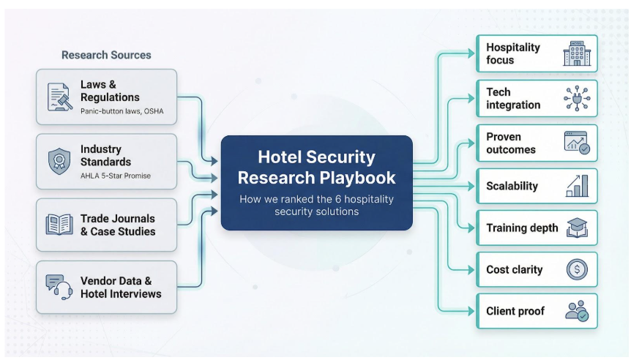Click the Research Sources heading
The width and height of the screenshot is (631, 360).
coord(106,55)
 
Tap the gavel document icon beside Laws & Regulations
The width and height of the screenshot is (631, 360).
coord(59,97)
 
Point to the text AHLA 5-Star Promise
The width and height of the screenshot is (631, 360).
coord(116,175)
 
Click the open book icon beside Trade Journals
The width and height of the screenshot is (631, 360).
coord(59,225)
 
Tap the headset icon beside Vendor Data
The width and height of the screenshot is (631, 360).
coord(59,287)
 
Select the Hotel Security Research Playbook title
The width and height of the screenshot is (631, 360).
coord(316,167)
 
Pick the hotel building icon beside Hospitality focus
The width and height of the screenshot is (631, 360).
coord(576,53)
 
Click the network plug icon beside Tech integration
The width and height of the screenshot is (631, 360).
coord(576,98)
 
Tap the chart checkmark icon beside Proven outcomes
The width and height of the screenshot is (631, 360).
coord(576,143)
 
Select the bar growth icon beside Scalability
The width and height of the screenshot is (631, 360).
coord(576,186)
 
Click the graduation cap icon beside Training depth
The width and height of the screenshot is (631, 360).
coord(576,228)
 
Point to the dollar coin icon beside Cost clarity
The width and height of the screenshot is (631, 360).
coord(576,270)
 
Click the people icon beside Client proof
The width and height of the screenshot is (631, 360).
coord(576,311)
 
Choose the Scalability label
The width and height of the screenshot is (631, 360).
coord(512,186)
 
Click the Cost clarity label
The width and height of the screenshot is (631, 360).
coord(514,270)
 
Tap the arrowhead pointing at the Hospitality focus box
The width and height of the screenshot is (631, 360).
coord(471,53)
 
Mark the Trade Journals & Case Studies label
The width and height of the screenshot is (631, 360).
coord(118,225)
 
